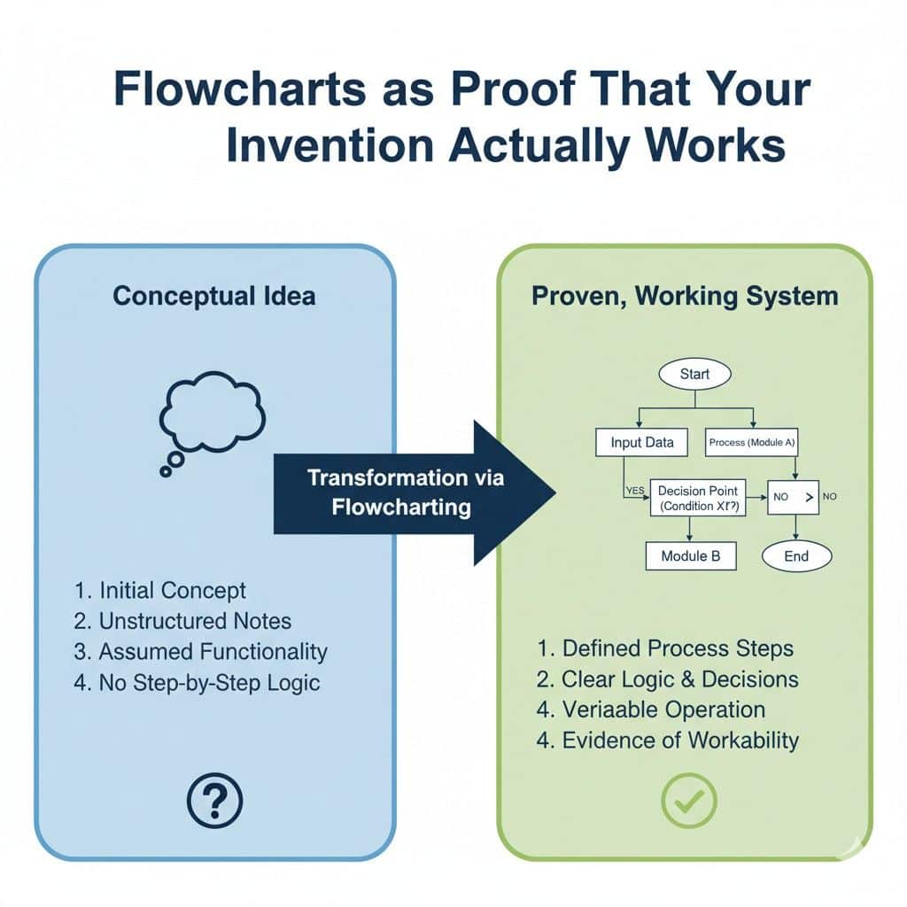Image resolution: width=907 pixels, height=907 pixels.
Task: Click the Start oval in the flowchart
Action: coord(695,374)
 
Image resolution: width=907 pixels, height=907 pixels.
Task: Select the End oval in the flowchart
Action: coord(796,556)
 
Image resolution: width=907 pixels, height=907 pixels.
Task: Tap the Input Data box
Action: coord(642,442)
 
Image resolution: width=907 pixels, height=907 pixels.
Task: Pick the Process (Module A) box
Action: coord(751,442)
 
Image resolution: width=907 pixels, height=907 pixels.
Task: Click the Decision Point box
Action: coord(699,498)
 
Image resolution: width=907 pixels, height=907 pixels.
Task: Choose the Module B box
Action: coord(691,556)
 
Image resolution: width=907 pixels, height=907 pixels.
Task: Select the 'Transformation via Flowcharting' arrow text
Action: coord(406,492)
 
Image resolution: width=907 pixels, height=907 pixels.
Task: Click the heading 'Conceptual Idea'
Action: coord(214,295)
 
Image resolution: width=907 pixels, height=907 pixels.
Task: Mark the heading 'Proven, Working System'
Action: coord(685,295)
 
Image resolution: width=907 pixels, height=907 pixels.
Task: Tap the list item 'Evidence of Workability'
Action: coord(668,740)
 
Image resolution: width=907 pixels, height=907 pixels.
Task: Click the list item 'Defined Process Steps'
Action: coord(665,648)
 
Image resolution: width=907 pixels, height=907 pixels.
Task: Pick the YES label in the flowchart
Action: coord(635,488)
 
